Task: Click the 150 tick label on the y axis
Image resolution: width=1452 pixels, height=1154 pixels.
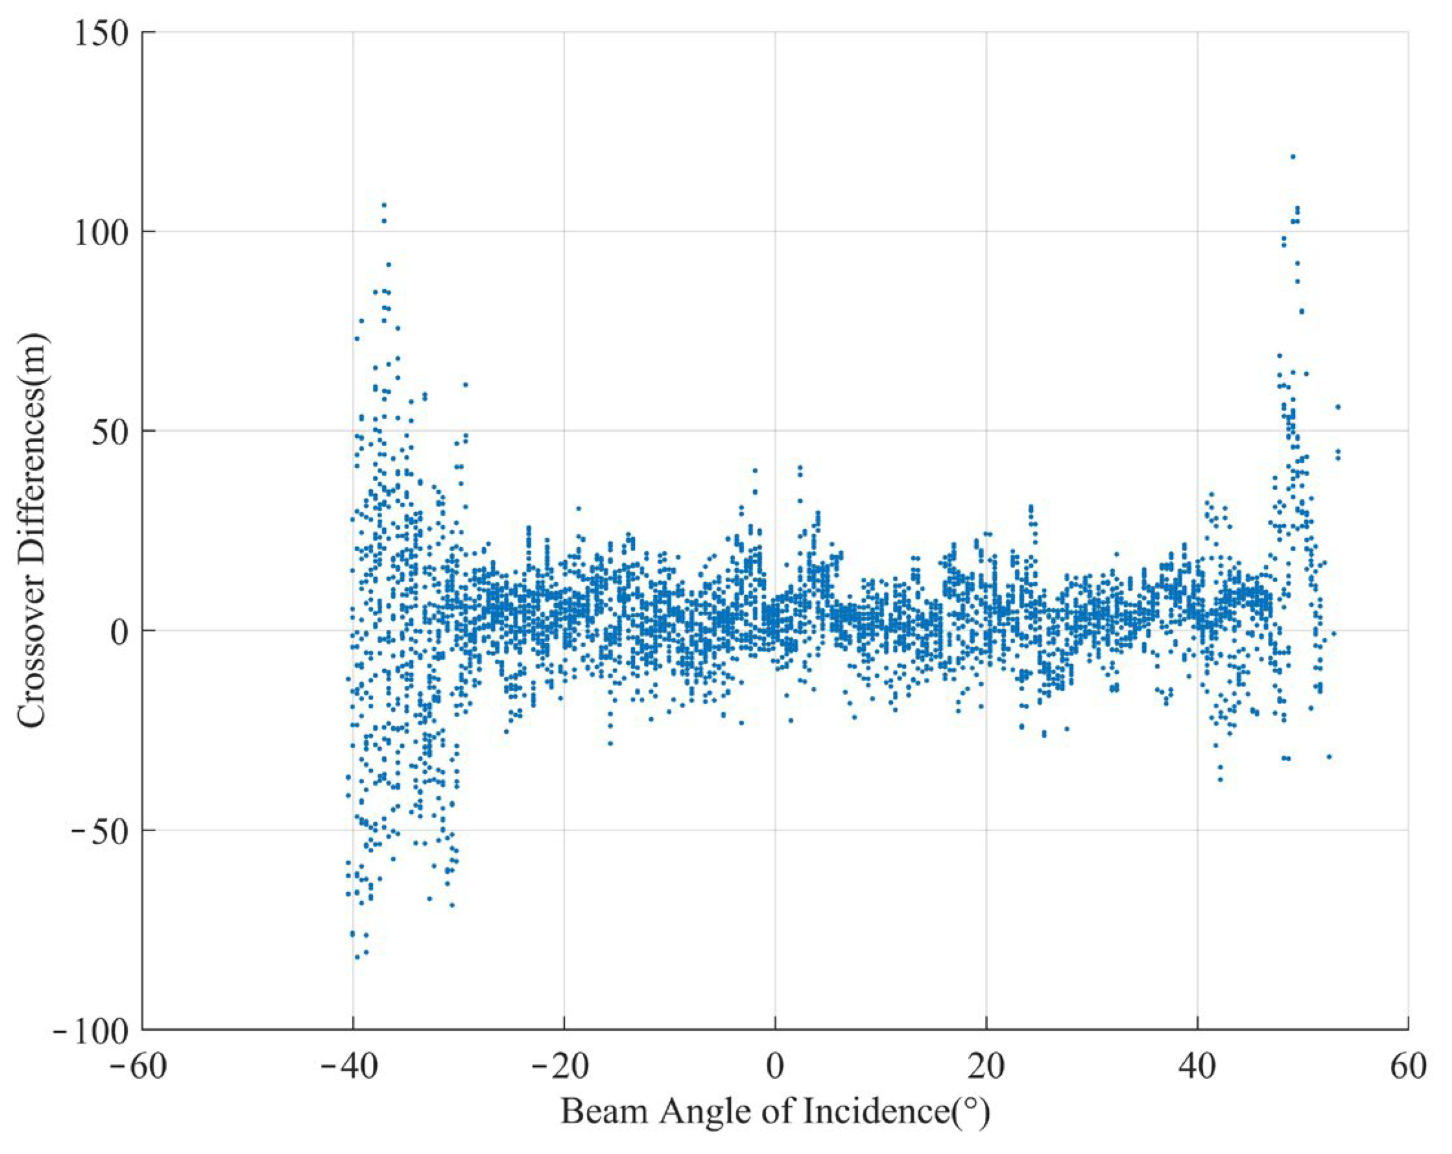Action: (101, 34)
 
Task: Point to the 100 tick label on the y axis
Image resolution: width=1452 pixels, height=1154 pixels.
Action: (101, 232)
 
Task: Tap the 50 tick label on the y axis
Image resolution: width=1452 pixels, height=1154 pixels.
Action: (111, 431)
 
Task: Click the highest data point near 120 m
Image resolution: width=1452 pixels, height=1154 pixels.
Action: (1292, 157)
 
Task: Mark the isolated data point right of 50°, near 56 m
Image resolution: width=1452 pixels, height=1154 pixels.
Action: (1337, 406)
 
